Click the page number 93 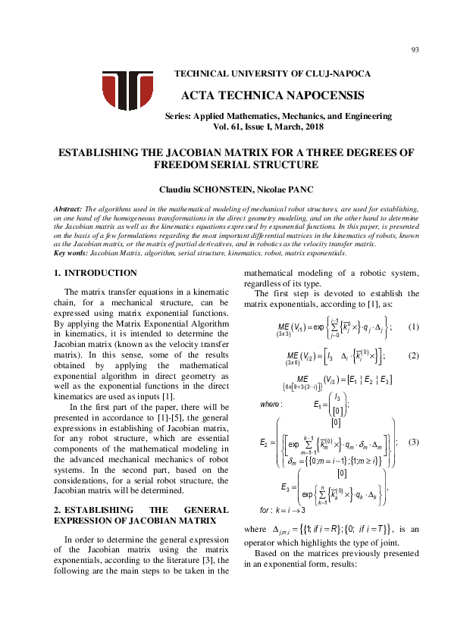tap(415, 50)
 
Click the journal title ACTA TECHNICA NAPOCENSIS tap(273, 95)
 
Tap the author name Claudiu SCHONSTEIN tap(193, 189)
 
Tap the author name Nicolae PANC tap(268, 189)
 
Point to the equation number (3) tap(413, 441)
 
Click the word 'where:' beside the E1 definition tap(271, 404)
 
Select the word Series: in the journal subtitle tap(179, 116)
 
